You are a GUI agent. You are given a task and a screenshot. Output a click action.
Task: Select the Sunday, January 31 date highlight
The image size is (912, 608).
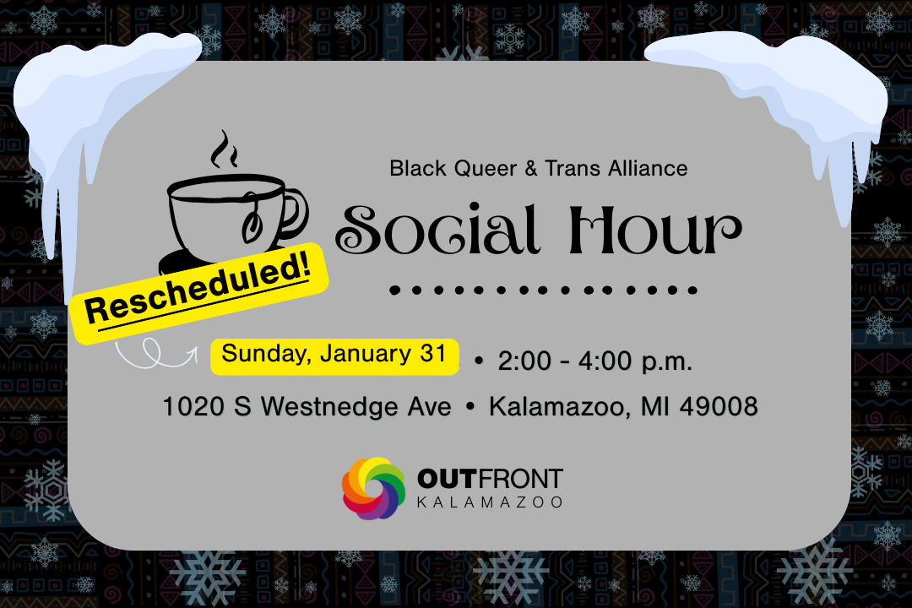tap(334, 355)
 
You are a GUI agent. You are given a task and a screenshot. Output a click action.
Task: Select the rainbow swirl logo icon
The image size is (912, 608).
tap(373, 489)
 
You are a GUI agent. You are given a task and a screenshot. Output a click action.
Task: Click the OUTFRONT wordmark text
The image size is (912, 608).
tap(489, 480)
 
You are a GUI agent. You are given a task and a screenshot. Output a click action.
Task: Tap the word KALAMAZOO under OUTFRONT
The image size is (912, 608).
tap(489, 503)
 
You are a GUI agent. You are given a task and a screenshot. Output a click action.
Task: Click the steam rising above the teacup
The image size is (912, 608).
tap(224, 151)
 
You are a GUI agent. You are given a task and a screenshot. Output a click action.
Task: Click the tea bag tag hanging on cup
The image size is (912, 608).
tap(252, 225)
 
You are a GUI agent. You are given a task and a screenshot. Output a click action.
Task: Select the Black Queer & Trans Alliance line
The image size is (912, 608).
tap(538, 168)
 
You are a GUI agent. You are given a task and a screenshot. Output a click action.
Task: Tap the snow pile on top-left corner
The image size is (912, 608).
tap(93, 93)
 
